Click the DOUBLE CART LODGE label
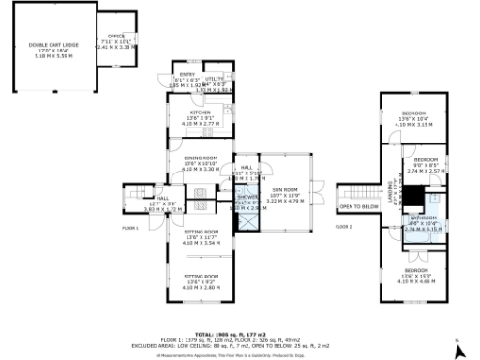[x=51, y=44]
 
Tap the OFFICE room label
[x=116, y=37]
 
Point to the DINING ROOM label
[x=200, y=158]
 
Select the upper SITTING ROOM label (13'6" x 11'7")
[x=200, y=232]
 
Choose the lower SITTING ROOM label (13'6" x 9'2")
[x=200, y=277]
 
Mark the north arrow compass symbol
[x=458, y=350]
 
